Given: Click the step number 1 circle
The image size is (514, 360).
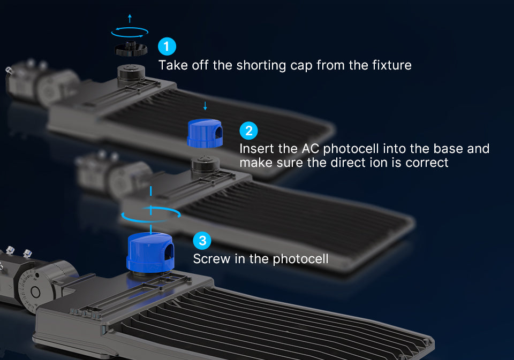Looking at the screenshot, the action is [x=167, y=47].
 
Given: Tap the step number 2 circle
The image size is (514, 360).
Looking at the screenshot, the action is [x=248, y=131].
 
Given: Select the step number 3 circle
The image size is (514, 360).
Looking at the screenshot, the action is [x=202, y=241].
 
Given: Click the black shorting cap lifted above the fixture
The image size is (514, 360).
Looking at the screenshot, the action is [x=131, y=49].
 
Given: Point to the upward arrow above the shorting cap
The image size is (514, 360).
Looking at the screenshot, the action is [x=130, y=18].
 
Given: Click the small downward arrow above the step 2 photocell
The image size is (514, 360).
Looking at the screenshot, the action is [x=205, y=106].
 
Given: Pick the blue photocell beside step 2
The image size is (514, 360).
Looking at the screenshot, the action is [x=205, y=133].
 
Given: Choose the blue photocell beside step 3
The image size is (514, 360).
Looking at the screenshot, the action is [x=150, y=251].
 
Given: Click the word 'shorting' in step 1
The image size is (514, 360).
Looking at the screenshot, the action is [x=261, y=65].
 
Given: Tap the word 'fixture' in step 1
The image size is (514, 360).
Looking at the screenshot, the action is [x=392, y=65].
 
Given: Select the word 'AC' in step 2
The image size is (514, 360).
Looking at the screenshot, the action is [x=310, y=149].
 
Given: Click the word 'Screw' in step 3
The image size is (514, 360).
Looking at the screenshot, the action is [x=212, y=259].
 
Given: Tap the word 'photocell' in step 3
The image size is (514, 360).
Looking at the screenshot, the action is [x=300, y=259].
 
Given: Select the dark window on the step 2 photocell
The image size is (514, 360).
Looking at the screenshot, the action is [x=218, y=132].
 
